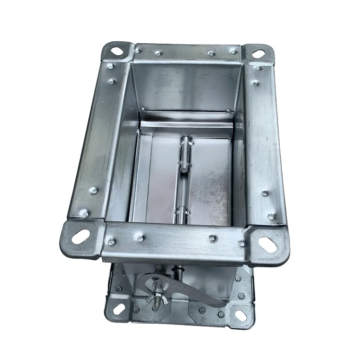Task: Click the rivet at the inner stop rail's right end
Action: click(x=228, y=112)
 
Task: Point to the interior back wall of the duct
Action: click(x=185, y=86)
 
